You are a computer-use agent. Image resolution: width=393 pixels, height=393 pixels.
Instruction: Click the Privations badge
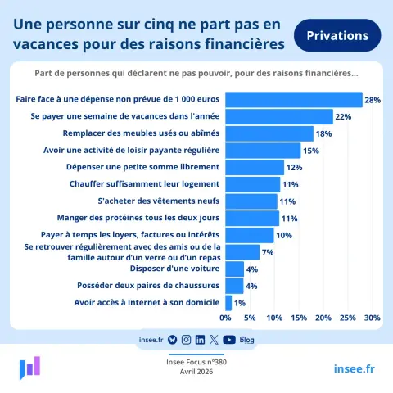point(337,35)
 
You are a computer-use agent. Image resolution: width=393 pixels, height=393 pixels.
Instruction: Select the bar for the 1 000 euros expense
point(294,100)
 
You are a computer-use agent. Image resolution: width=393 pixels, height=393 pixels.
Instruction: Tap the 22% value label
point(343,117)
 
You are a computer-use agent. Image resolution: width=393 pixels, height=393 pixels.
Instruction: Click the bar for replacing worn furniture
point(269,133)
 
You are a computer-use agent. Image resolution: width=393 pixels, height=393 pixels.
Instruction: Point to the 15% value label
point(311,151)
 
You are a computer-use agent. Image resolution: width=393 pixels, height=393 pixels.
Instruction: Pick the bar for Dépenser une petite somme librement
point(255,168)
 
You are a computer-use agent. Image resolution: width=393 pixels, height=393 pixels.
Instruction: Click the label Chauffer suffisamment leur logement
point(144,184)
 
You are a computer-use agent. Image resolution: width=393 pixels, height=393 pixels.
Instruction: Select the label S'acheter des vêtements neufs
point(159,201)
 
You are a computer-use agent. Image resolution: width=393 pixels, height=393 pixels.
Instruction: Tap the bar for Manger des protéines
point(252,219)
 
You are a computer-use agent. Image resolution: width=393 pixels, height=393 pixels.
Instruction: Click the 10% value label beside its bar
point(284,235)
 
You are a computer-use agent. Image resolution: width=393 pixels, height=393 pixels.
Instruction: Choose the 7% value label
point(268,252)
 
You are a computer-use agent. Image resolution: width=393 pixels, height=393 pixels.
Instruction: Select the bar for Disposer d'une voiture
point(235,269)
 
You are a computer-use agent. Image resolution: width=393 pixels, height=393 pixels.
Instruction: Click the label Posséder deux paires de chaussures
point(148,286)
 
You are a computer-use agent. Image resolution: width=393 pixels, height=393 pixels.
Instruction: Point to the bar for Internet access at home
point(228,303)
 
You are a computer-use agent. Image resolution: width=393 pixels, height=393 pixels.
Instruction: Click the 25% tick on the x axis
point(348,318)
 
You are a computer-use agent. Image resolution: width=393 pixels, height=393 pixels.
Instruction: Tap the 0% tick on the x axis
point(225,318)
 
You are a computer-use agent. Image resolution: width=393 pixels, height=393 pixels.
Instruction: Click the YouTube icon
point(229,340)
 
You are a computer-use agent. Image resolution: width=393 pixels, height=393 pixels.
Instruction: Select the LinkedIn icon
point(200,340)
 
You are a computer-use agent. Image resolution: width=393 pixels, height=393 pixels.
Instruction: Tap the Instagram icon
point(186,340)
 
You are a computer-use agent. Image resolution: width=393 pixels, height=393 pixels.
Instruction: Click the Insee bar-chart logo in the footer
point(29,368)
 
